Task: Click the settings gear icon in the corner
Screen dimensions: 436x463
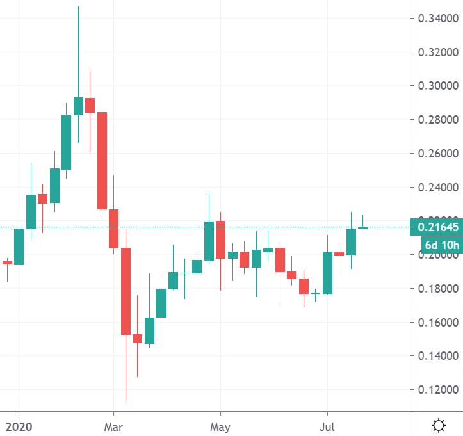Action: click(x=439, y=424)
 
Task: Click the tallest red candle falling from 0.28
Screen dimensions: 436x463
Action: click(x=102, y=160)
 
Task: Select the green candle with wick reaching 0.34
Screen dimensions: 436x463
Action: click(x=78, y=106)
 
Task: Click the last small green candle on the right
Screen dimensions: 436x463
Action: click(x=362, y=227)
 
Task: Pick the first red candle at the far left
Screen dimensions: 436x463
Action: click(x=7, y=262)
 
